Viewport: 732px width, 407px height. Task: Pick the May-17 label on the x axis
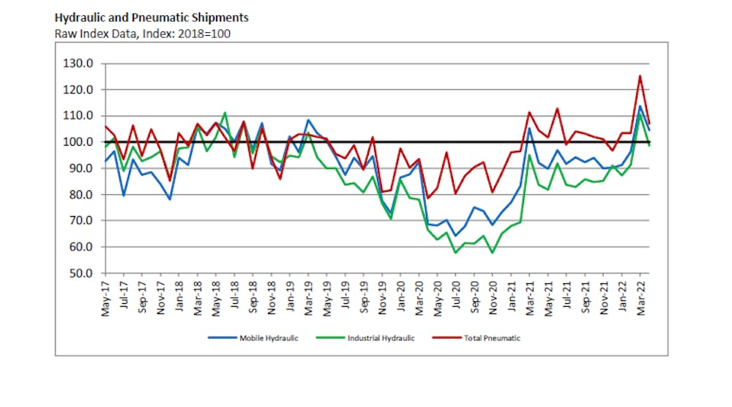pyautogui.click(x=106, y=296)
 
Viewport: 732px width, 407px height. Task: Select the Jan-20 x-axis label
pyautogui.click(x=400, y=296)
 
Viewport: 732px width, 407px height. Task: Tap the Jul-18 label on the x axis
pyautogui.click(x=235, y=296)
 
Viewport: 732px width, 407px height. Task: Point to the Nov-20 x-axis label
pyautogui.click(x=493, y=296)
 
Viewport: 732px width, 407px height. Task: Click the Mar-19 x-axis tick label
pyautogui.click(x=308, y=296)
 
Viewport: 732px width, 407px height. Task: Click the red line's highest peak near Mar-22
pyautogui.click(x=640, y=75)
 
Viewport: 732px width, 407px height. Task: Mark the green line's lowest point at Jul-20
pyautogui.click(x=455, y=253)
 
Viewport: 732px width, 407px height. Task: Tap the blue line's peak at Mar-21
pyautogui.click(x=529, y=128)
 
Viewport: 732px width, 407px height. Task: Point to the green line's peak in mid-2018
pyautogui.click(x=225, y=113)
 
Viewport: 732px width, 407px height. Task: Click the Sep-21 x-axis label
pyautogui.click(x=585, y=296)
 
